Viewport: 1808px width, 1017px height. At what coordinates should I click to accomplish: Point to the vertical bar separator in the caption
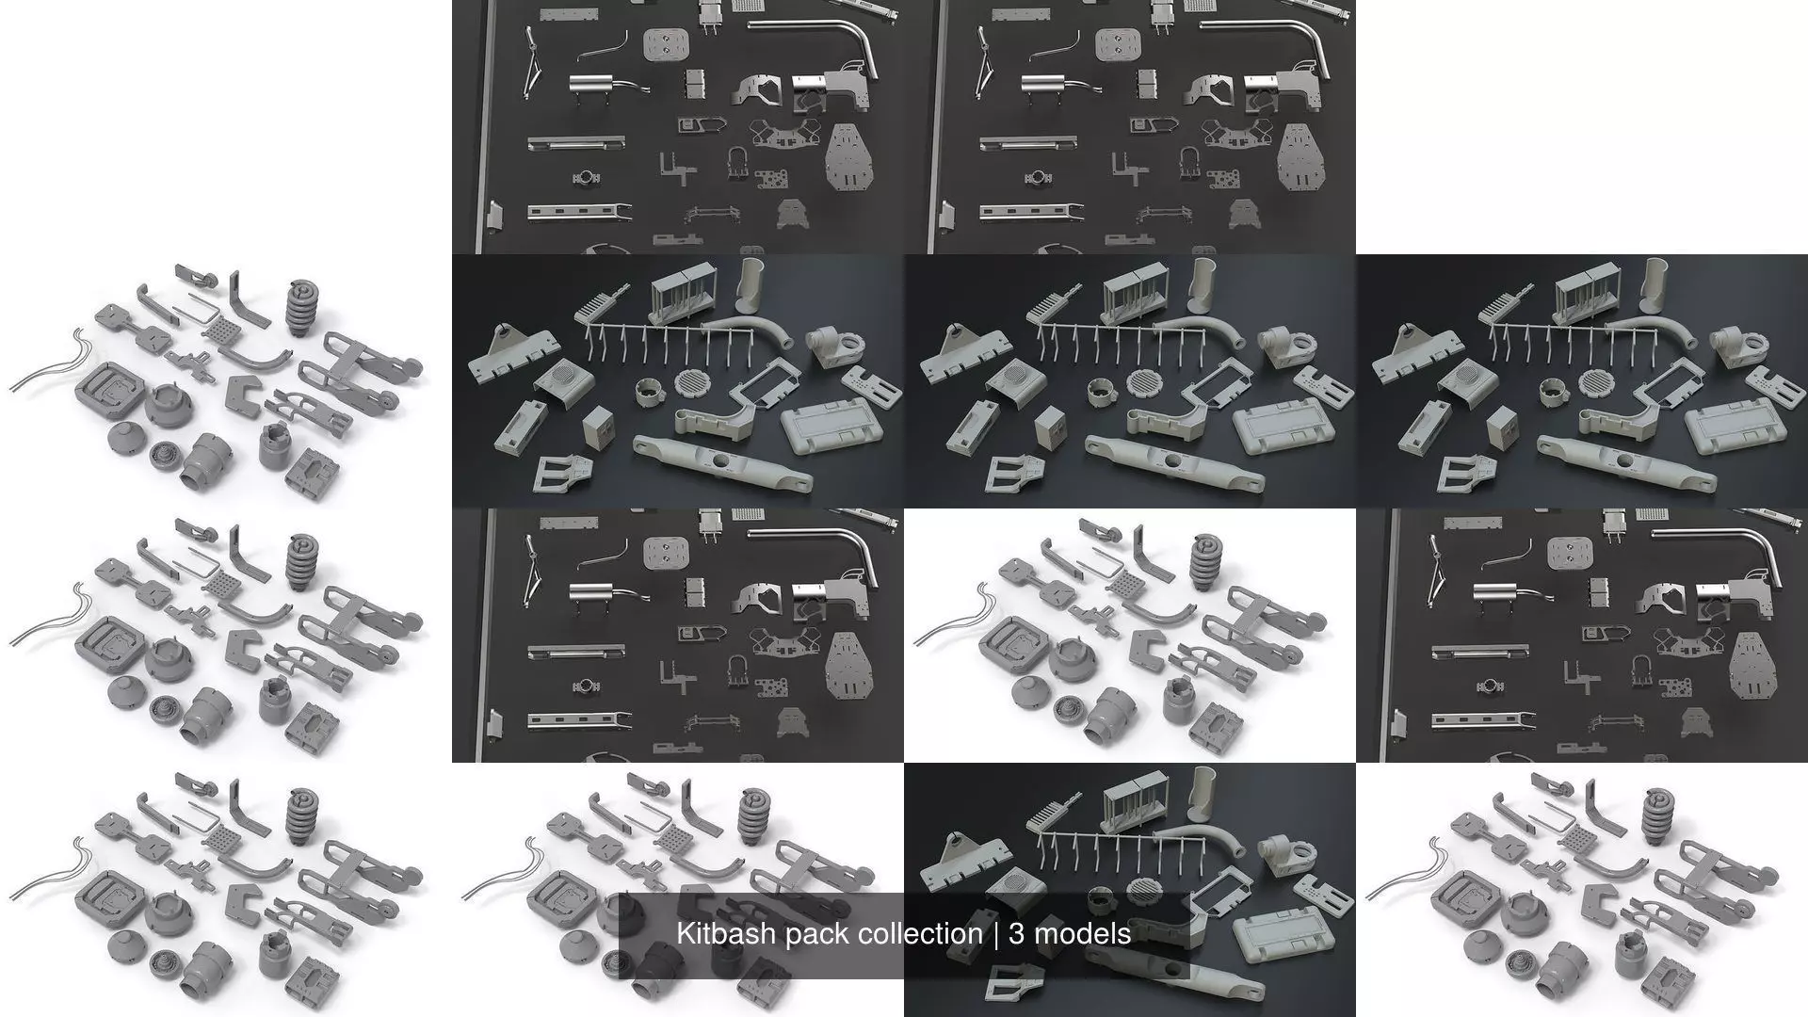pos(995,934)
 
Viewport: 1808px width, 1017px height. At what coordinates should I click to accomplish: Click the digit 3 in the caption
pos(1017,934)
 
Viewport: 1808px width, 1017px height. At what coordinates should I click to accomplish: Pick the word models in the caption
pos(1083,934)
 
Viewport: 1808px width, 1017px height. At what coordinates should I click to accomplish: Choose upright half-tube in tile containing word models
pos(1206,787)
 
